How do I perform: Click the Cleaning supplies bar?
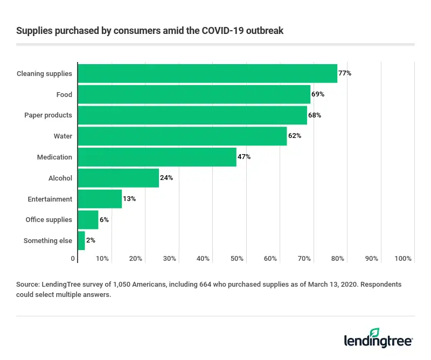click(207, 73)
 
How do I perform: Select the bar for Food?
click(194, 94)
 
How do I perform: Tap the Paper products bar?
click(192, 115)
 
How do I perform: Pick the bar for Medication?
click(157, 157)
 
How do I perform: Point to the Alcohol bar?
click(119, 178)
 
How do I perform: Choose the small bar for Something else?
click(81, 240)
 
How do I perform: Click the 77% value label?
click(345, 73)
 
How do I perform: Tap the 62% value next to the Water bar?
click(295, 136)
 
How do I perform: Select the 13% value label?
click(129, 199)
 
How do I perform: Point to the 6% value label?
click(104, 220)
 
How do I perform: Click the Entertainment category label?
click(50, 199)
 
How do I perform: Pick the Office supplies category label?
click(48, 220)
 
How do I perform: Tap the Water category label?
click(62, 136)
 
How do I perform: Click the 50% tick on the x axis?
click(237, 259)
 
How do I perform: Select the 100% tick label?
click(403, 259)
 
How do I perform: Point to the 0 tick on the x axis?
click(73, 259)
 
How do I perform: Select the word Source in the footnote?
click(28, 283)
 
